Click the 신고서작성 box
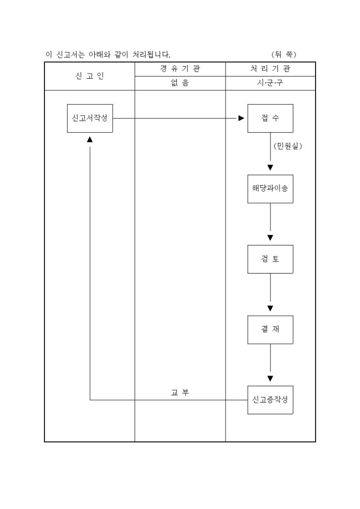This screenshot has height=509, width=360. click(90, 118)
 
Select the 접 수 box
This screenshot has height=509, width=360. click(270, 118)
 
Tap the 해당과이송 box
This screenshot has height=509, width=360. click(270, 188)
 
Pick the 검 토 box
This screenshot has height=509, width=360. click(270, 259)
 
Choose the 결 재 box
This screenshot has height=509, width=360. click(270, 329)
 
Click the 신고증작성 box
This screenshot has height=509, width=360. click(270, 399)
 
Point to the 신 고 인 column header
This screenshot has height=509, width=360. click(89, 76)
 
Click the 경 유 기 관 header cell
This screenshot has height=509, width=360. click(180, 69)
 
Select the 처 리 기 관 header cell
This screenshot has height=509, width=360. click(270, 69)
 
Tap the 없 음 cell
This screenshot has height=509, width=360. click(180, 83)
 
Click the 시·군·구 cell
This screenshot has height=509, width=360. click(270, 83)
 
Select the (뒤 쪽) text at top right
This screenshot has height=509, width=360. click(284, 54)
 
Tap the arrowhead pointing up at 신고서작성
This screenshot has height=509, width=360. click(90, 139)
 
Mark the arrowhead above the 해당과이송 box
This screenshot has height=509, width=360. click(270, 168)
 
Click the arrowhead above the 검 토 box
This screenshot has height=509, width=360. click(270, 237)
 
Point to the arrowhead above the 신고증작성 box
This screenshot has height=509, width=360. click(270, 378)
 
